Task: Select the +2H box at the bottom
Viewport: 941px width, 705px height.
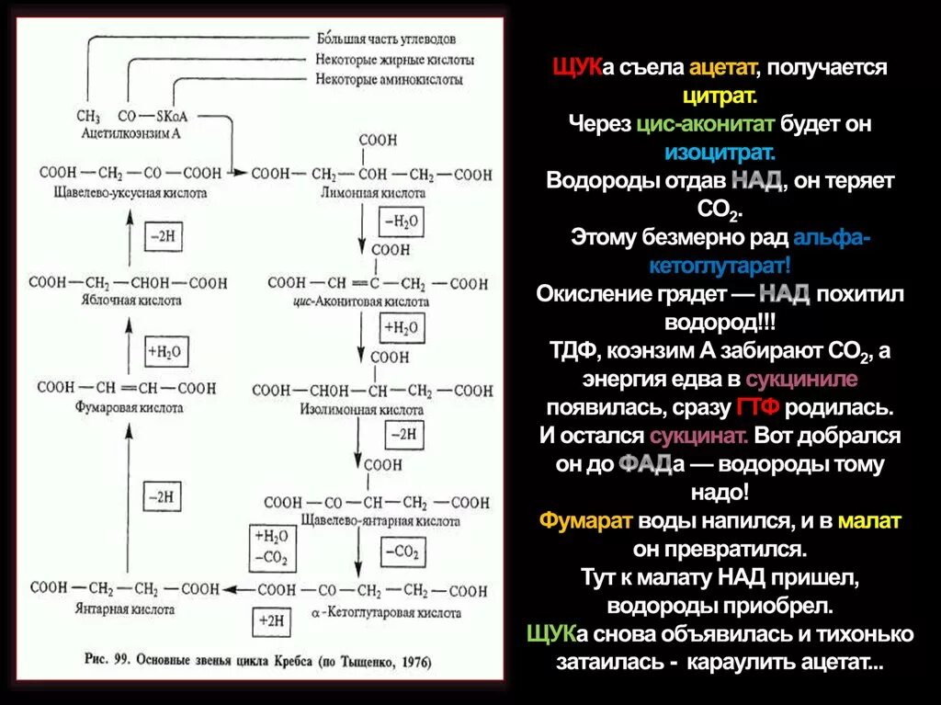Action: (x=273, y=620)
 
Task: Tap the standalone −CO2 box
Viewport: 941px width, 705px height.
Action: (x=401, y=551)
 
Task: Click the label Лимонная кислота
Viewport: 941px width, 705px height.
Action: (x=374, y=194)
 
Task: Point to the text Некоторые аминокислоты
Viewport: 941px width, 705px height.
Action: (x=387, y=81)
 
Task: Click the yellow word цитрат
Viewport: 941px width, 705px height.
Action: (x=720, y=96)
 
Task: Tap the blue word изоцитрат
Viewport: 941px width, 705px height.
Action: (x=720, y=152)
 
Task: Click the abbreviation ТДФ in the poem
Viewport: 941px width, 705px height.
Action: (x=572, y=351)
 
